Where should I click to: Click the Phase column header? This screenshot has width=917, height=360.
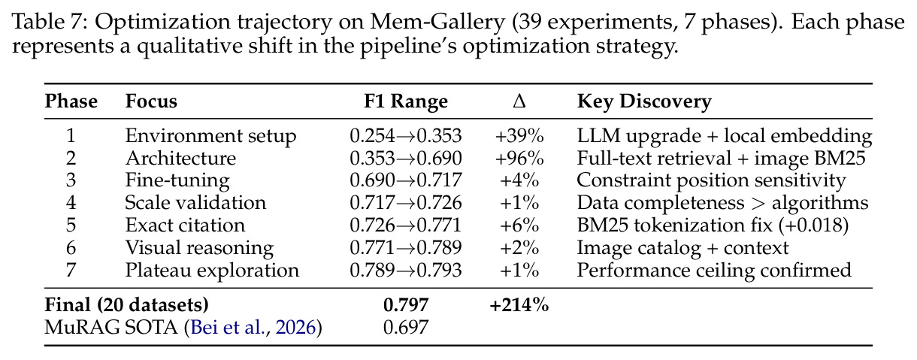coord(71,101)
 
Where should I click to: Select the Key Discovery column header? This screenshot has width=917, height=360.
coord(644,101)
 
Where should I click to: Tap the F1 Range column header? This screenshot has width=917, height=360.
coord(406,101)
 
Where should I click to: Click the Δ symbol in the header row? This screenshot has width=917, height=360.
coord(519,101)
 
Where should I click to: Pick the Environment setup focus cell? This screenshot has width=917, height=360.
coord(210,136)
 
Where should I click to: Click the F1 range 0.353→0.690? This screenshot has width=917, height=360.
coord(406,159)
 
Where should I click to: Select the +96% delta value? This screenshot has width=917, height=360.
coord(519,159)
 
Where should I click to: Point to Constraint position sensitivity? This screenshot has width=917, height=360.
coord(711,180)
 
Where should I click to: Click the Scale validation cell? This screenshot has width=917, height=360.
coord(195,203)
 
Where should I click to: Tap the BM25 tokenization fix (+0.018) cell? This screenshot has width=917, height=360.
coord(713,225)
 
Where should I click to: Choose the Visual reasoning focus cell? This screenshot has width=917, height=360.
coord(199,248)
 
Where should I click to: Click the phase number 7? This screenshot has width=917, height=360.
coord(71,271)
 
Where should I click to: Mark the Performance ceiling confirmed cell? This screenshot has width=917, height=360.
coord(714,271)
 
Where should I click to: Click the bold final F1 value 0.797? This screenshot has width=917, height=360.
coord(406,305)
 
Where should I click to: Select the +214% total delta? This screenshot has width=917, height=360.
coord(519,305)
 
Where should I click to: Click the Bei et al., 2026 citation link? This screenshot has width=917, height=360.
coord(253,328)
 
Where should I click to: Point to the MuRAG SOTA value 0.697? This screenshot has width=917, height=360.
coord(406,328)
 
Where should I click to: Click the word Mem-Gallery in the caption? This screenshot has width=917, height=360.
coord(437,23)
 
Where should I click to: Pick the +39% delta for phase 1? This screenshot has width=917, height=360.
coord(519,136)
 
